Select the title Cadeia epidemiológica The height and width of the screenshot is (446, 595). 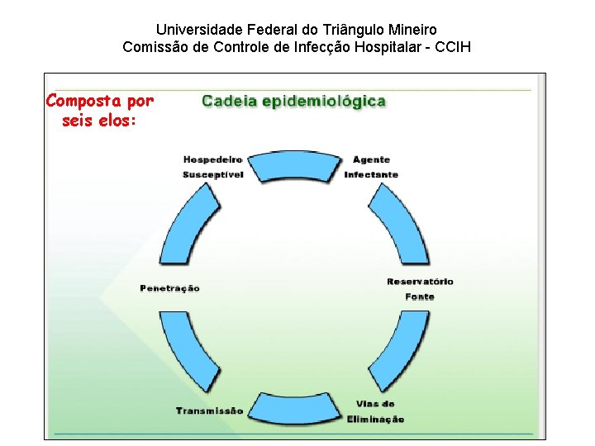coord(294,102)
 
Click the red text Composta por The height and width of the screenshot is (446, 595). coord(99,102)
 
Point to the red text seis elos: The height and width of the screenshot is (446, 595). coord(98,121)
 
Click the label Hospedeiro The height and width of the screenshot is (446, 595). coord(212,159)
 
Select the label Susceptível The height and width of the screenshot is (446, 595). coord(212,174)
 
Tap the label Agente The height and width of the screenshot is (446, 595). coord(371,159)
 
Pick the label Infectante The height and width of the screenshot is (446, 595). coord(371,174)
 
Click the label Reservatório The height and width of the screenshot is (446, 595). coord(420,282)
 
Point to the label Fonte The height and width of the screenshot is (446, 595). coord(420,297)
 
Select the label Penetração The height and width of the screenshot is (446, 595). coord(169,288)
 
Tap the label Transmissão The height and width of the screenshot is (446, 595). coord(209,410)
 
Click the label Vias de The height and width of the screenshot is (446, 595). coord(375,404)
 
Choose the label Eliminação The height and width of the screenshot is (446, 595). coord(375,419)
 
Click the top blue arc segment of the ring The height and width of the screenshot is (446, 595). coord(295,165)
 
